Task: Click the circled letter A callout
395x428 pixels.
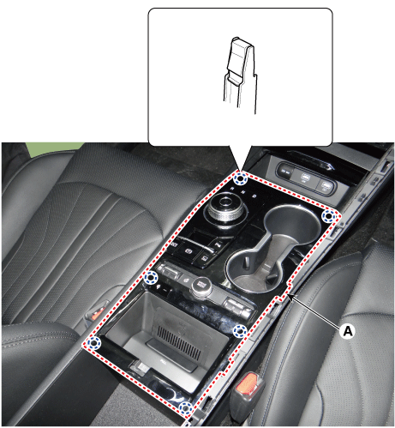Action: [348, 331]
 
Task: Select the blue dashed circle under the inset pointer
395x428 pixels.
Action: [240, 179]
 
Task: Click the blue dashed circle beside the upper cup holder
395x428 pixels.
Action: [328, 216]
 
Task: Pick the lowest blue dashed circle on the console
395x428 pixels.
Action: [185, 408]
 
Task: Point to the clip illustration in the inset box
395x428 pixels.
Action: [240, 75]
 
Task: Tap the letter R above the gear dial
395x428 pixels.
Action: [232, 188]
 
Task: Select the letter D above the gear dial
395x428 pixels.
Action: [254, 196]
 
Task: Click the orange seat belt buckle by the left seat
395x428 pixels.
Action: [98, 312]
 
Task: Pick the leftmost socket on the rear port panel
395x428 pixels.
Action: [285, 172]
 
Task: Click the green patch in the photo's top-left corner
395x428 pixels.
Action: [53, 148]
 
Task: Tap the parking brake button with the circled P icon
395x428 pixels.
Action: [189, 250]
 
